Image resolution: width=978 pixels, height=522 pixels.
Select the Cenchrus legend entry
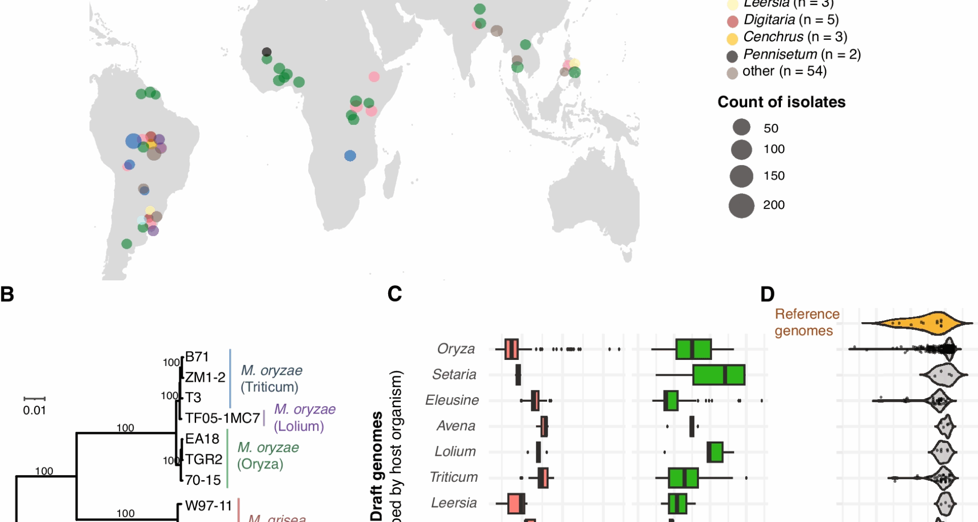[x=795, y=37]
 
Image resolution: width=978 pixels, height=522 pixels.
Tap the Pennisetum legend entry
[x=801, y=55]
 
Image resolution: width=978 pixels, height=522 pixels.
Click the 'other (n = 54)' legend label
[x=784, y=71]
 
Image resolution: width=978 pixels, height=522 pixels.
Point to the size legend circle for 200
[x=741, y=205]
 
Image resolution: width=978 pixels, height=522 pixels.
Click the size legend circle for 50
[x=742, y=127]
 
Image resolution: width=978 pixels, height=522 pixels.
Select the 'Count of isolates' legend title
[x=781, y=102]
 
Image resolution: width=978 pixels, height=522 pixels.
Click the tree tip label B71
[x=197, y=357]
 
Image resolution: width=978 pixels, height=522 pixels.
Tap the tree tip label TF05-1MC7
[x=223, y=419]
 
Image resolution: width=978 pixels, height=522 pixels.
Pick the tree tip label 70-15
[x=203, y=480]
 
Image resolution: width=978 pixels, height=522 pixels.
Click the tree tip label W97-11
[x=208, y=506]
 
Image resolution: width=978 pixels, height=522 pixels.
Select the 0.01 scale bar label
[x=34, y=410]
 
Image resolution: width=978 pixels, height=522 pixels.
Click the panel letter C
[x=395, y=294]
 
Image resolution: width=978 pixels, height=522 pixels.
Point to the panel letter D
[x=767, y=295]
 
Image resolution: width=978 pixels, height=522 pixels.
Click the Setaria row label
[x=454, y=375]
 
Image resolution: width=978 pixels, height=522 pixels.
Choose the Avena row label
[x=455, y=426]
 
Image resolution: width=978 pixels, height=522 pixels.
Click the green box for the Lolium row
[x=715, y=452]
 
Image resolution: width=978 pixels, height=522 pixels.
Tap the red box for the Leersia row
[x=516, y=504]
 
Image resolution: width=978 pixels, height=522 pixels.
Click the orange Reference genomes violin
[x=917, y=323]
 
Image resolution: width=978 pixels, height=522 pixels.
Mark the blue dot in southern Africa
[x=350, y=156]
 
